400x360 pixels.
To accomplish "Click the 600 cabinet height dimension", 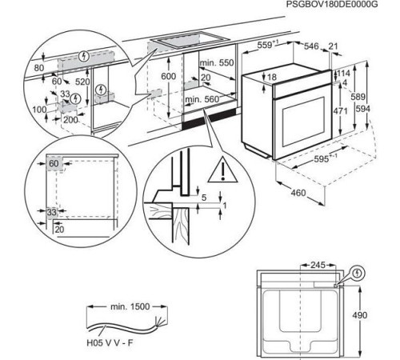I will click(167, 75).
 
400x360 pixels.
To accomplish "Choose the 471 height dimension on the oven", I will click(339, 112).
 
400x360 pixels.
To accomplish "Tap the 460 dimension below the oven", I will click(298, 193).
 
